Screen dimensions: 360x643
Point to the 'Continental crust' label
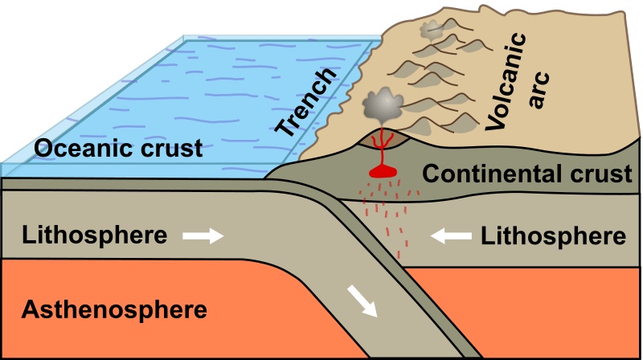point(526,174)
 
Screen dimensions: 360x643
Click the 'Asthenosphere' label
point(115,308)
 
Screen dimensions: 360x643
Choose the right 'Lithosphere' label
point(553,235)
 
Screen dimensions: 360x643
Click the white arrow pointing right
point(202,235)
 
